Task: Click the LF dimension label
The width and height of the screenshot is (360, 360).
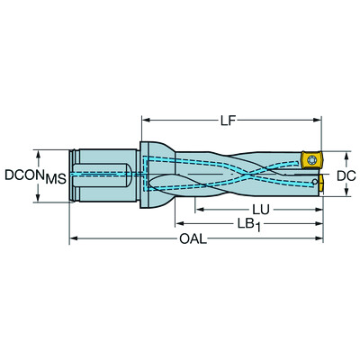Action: click(x=231, y=119)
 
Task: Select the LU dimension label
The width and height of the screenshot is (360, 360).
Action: click(x=261, y=209)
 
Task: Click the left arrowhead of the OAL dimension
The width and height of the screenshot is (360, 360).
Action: click(x=75, y=239)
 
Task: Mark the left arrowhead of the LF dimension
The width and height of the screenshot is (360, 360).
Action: click(x=145, y=119)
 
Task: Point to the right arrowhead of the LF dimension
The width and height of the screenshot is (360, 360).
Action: click(x=318, y=119)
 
